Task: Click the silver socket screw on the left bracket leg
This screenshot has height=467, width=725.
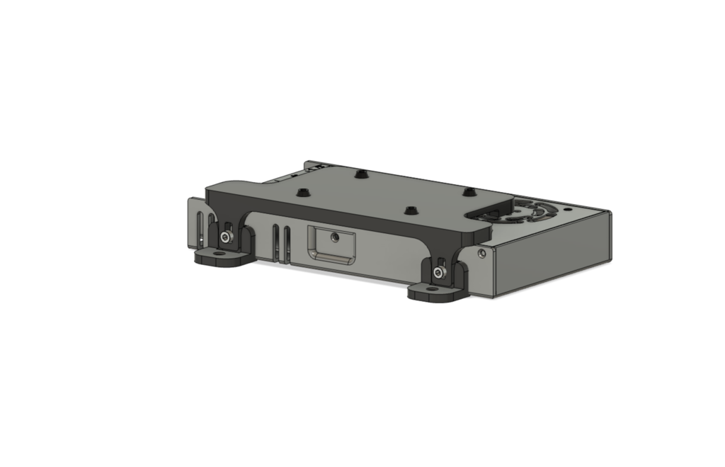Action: pos(225,237)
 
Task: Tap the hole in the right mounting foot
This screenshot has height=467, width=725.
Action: pos(430,289)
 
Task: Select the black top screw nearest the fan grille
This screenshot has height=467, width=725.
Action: pos(468,191)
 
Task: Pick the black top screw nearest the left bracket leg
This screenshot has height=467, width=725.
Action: pos(303,192)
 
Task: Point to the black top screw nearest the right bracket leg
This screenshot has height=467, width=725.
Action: pos(410,210)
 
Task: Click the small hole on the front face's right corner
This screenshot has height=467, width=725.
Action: pos(482,252)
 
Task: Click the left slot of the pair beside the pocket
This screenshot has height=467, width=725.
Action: pos(275,240)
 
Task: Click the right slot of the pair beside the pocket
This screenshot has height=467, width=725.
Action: pos(286,242)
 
